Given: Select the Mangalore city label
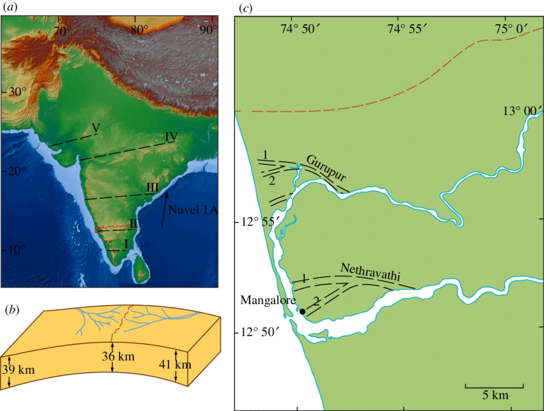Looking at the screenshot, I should pos(266,299).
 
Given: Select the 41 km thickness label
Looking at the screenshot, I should pos(174,365).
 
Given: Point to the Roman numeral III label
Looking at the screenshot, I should pos(152,186).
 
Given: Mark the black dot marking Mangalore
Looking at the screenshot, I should pos(300,311).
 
